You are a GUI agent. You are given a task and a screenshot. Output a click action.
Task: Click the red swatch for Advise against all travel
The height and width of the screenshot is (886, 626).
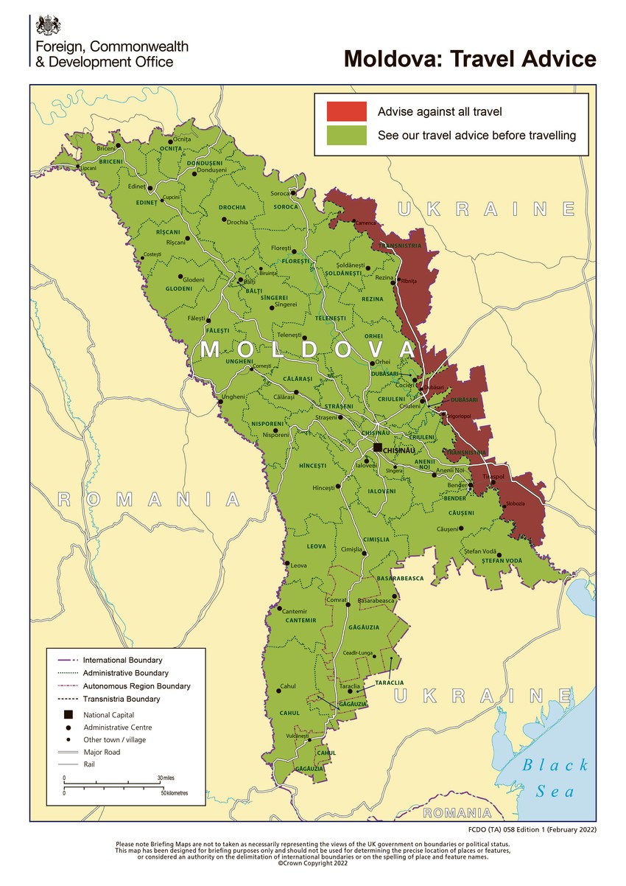(347, 111)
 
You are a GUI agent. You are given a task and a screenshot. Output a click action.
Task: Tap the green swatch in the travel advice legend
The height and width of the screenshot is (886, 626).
(347, 136)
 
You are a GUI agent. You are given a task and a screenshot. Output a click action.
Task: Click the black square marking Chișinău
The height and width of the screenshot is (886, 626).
(378, 447)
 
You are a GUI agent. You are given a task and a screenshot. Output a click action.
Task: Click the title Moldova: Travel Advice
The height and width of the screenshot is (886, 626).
(470, 58)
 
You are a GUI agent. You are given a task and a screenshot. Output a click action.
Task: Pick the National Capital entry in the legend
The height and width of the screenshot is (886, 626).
(109, 714)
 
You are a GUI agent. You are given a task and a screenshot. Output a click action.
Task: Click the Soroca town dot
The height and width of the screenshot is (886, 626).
(293, 194)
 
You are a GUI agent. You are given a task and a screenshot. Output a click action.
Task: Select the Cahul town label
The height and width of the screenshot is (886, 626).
(288, 686)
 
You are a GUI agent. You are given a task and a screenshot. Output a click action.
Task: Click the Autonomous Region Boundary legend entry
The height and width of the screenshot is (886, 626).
(136, 686)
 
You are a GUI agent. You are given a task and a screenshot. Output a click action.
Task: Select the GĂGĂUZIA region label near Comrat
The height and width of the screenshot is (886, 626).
(361, 627)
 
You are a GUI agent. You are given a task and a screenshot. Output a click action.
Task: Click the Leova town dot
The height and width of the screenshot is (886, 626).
(286, 565)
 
